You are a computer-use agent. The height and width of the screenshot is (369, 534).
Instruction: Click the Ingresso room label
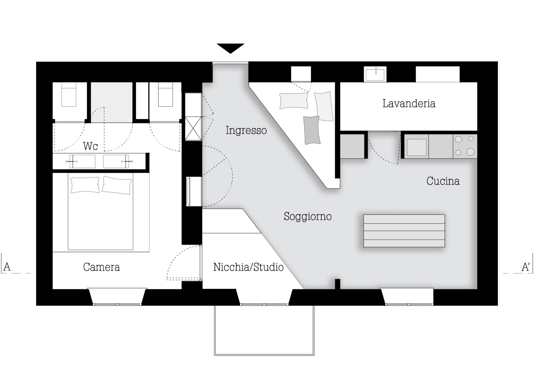[x=246, y=130]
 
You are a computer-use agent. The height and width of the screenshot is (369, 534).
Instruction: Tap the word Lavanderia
[x=409, y=103]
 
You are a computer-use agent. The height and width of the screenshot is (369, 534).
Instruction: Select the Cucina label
[x=443, y=181]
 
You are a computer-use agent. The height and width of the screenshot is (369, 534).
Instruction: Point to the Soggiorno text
[x=307, y=216]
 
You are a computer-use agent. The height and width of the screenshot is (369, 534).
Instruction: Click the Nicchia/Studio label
[x=248, y=267]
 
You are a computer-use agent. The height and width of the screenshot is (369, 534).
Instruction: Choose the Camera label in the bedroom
[x=101, y=267]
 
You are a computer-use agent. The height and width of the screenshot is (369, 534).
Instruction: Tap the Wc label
[x=90, y=146]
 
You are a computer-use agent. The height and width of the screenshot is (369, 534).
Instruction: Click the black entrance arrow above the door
[x=230, y=48]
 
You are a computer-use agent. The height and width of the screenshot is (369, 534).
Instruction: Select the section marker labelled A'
[x=526, y=267]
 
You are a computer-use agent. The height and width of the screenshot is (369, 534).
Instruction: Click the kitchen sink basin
[x=416, y=147]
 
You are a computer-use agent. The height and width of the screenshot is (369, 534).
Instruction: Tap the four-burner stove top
[x=465, y=146]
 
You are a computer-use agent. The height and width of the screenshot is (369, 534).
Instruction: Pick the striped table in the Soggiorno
[x=404, y=231]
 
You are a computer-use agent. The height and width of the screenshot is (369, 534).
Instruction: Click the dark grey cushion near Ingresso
[x=312, y=130]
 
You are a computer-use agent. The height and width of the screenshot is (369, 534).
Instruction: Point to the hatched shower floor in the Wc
[x=112, y=103]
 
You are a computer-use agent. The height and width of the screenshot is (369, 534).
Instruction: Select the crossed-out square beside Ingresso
[x=193, y=128]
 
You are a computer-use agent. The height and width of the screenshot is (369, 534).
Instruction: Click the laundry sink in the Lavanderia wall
[x=375, y=74]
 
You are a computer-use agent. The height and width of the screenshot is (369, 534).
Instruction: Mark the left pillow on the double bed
[x=85, y=185]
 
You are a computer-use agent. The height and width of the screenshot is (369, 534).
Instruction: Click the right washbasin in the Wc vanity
[x=116, y=161]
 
